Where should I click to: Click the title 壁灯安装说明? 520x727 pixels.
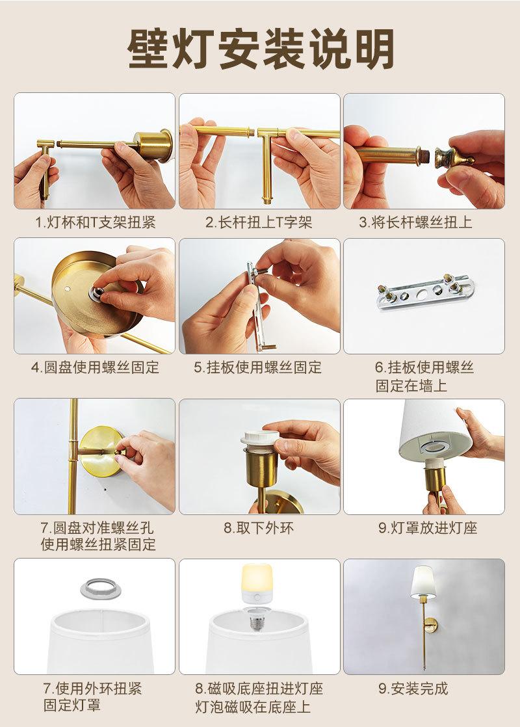click(261, 49)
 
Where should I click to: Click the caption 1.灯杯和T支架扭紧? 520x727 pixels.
click(95, 222)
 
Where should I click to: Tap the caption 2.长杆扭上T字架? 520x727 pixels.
click(259, 222)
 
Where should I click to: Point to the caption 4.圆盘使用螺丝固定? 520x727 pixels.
click(95, 367)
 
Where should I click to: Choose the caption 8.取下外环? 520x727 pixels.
click(259, 528)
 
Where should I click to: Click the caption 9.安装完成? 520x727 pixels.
click(413, 688)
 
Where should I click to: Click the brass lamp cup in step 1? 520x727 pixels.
click(154, 144)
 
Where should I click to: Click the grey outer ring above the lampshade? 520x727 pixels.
click(94, 588)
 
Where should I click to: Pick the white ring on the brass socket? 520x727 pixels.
click(260, 438)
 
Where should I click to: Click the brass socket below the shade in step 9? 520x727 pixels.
click(436, 478)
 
